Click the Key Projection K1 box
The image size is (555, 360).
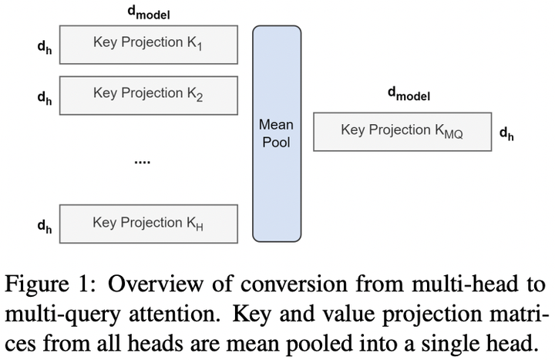pyautogui.click(x=149, y=45)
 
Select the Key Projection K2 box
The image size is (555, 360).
pyautogui.click(x=149, y=96)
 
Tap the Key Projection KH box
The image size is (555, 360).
pyautogui.click(x=149, y=224)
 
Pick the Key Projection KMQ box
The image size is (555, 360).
pyautogui.click(x=402, y=132)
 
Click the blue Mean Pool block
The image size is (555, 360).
pyautogui.click(x=277, y=134)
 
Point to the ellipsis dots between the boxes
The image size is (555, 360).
pyautogui.click(x=143, y=162)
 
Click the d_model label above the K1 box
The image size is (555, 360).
pyautogui.click(x=149, y=13)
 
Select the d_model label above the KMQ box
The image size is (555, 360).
pyautogui.click(x=409, y=94)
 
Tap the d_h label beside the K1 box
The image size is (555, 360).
pyautogui.click(x=45, y=47)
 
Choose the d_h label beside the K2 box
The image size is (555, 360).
pyautogui.click(x=45, y=98)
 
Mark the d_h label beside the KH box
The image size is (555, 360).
pyautogui.click(x=45, y=226)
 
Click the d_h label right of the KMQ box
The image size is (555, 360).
pyautogui.click(x=506, y=134)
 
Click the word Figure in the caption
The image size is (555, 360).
pyautogui.click(x=37, y=284)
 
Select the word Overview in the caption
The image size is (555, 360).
pyautogui.click(x=156, y=284)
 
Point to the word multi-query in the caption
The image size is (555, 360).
pyautogui.click(x=63, y=315)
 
